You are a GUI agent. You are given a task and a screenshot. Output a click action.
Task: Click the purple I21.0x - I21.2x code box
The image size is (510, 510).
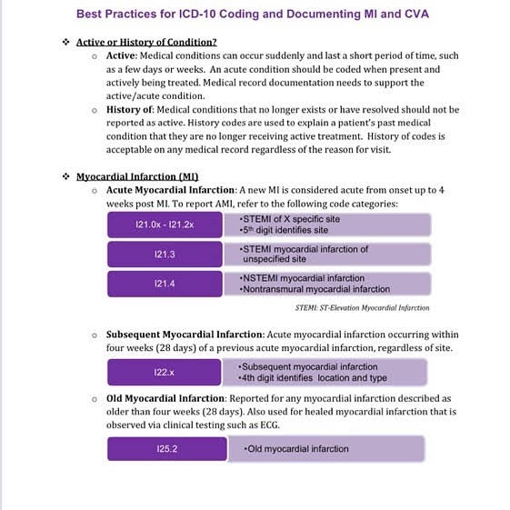click(164, 225)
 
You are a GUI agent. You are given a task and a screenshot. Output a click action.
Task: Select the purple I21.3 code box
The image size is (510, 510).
click(164, 254)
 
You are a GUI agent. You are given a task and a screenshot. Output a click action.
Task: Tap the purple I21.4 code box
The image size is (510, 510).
click(164, 284)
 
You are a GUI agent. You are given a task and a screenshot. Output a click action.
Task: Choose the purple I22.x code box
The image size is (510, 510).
click(164, 372)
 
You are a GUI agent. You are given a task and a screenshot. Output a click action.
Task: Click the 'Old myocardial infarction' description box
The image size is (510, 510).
click(325, 448)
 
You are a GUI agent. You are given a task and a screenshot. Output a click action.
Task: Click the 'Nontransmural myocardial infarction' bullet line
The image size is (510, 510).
click(315, 289)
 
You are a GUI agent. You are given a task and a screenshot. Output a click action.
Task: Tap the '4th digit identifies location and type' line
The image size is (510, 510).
click(313, 377)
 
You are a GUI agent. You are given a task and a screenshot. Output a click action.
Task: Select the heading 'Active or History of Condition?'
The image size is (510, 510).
click(146, 42)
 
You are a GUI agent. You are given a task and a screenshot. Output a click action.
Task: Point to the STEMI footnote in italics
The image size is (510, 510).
click(362, 308)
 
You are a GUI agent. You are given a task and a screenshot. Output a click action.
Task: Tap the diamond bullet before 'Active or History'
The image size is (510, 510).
click(65, 42)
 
